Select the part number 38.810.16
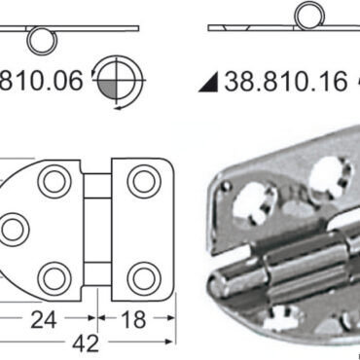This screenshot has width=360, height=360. coord(285,82)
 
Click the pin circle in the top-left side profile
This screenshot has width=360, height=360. coord(40,39)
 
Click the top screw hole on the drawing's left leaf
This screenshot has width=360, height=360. coord(52,181)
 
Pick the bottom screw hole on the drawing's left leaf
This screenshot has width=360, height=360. coord(52,274)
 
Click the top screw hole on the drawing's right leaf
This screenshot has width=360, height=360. coord(142,181)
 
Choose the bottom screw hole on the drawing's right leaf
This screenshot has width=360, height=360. coord(142,274)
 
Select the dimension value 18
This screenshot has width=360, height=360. coord(136,318)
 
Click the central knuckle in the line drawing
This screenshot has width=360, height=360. coord(96,228)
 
